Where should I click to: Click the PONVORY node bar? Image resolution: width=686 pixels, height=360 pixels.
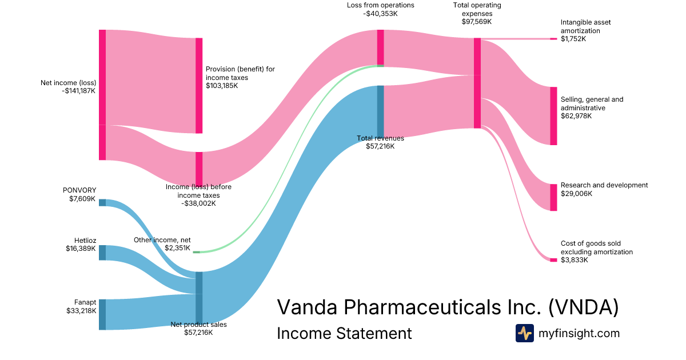click(x=102, y=202)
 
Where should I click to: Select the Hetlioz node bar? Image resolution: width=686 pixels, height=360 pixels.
click(x=102, y=253)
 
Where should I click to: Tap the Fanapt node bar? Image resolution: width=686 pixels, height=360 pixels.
click(x=102, y=314)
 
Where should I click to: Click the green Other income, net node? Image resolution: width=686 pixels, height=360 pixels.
click(x=196, y=251)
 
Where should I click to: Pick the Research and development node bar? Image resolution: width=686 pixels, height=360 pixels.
click(x=553, y=197)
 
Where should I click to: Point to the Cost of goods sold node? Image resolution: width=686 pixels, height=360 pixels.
click(x=553, y=260)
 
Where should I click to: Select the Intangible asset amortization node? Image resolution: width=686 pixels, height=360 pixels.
click(x=553, y=39)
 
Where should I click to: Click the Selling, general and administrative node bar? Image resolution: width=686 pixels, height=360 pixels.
click(x=553, y=116)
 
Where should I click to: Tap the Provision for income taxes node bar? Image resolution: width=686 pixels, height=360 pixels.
click(x=199, y=86)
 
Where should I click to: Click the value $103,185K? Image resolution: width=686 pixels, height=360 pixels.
click(x=222, y=86)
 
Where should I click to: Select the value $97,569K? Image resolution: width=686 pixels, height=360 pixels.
click(x=476, y=22)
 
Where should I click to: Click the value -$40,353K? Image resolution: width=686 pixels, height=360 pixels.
click(x=380, y=14)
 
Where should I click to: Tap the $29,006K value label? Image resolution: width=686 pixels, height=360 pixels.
click(x=576, y=194)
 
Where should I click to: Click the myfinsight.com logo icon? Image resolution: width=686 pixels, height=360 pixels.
click(x=524, y=333)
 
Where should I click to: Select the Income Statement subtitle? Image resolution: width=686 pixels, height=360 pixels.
click(x=344, y=333)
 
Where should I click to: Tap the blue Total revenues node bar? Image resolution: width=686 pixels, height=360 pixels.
click(x=380, y=111)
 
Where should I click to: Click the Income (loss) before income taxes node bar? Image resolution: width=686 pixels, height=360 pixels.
click(x=199, y=169)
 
